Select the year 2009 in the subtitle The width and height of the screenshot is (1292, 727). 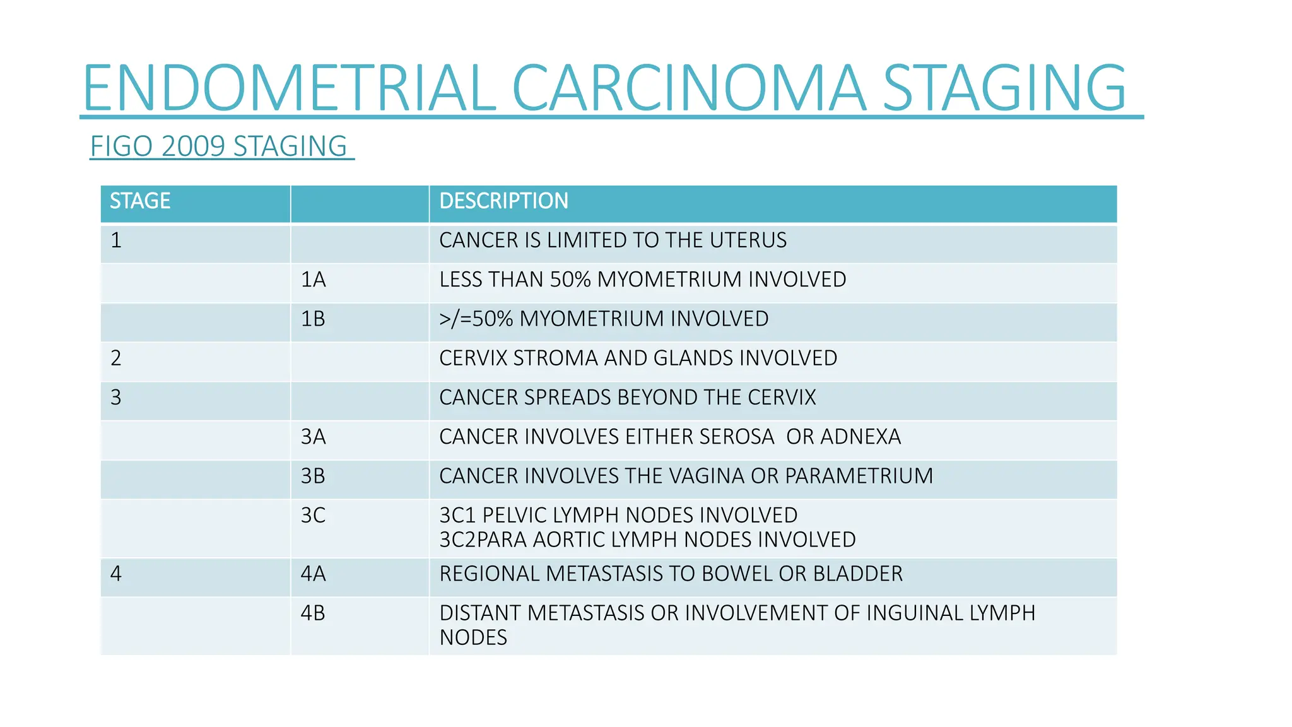(193, 146)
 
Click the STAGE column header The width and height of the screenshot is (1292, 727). (140, 201)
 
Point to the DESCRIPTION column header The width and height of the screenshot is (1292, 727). (503, 201)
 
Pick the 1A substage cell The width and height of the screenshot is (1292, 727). (313, 280)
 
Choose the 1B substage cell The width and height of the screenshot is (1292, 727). (313, 319)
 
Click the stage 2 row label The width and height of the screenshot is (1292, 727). (116, 358)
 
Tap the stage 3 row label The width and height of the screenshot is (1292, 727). (116, 398)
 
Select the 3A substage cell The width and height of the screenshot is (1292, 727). (313, 437)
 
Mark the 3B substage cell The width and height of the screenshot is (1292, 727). (313, 476)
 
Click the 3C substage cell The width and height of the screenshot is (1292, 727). (313, 516)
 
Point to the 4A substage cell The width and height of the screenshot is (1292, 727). (313, 574)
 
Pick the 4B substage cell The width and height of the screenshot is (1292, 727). (313, 613)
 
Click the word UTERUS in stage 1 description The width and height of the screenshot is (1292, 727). (748, 240)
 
